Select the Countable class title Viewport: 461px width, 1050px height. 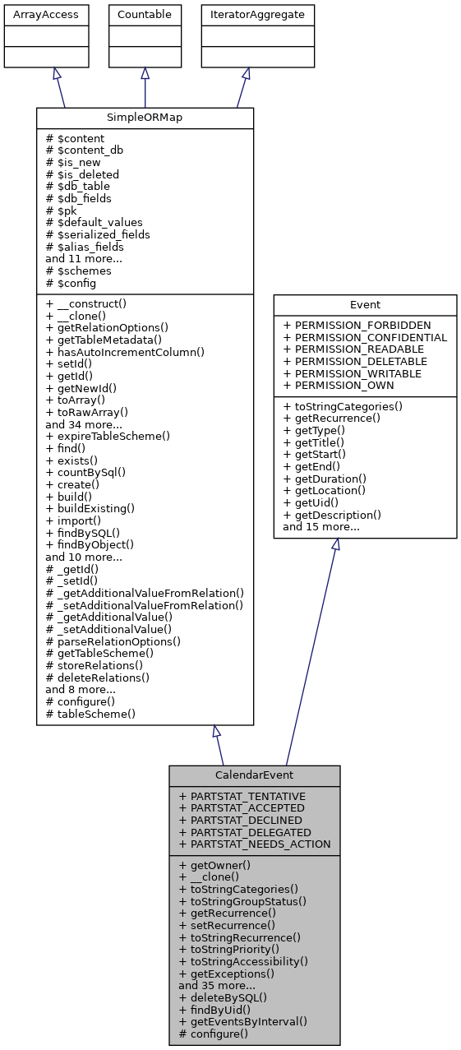coord(145,15)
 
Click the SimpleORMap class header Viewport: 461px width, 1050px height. coord(145,118)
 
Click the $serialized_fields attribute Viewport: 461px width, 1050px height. coord(98,234)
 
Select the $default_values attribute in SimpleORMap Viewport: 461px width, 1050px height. coord(94,222)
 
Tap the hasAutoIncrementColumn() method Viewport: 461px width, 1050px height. coord(125,352)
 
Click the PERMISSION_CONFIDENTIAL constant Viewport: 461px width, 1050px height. coord(364,337)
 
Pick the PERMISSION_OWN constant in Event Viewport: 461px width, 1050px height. coord(338,385)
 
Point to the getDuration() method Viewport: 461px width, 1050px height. coord(325,479)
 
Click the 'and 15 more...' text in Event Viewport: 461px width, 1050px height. coord(320,526)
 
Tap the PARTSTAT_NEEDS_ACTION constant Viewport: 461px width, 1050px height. coord(255,844)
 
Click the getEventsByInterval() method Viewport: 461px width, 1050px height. coord(242,1021)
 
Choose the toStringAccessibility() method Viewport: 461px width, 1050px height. coord(243,961)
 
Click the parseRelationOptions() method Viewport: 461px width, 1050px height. coord(113,641)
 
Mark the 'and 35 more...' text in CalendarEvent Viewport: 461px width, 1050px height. coord(216,985)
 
